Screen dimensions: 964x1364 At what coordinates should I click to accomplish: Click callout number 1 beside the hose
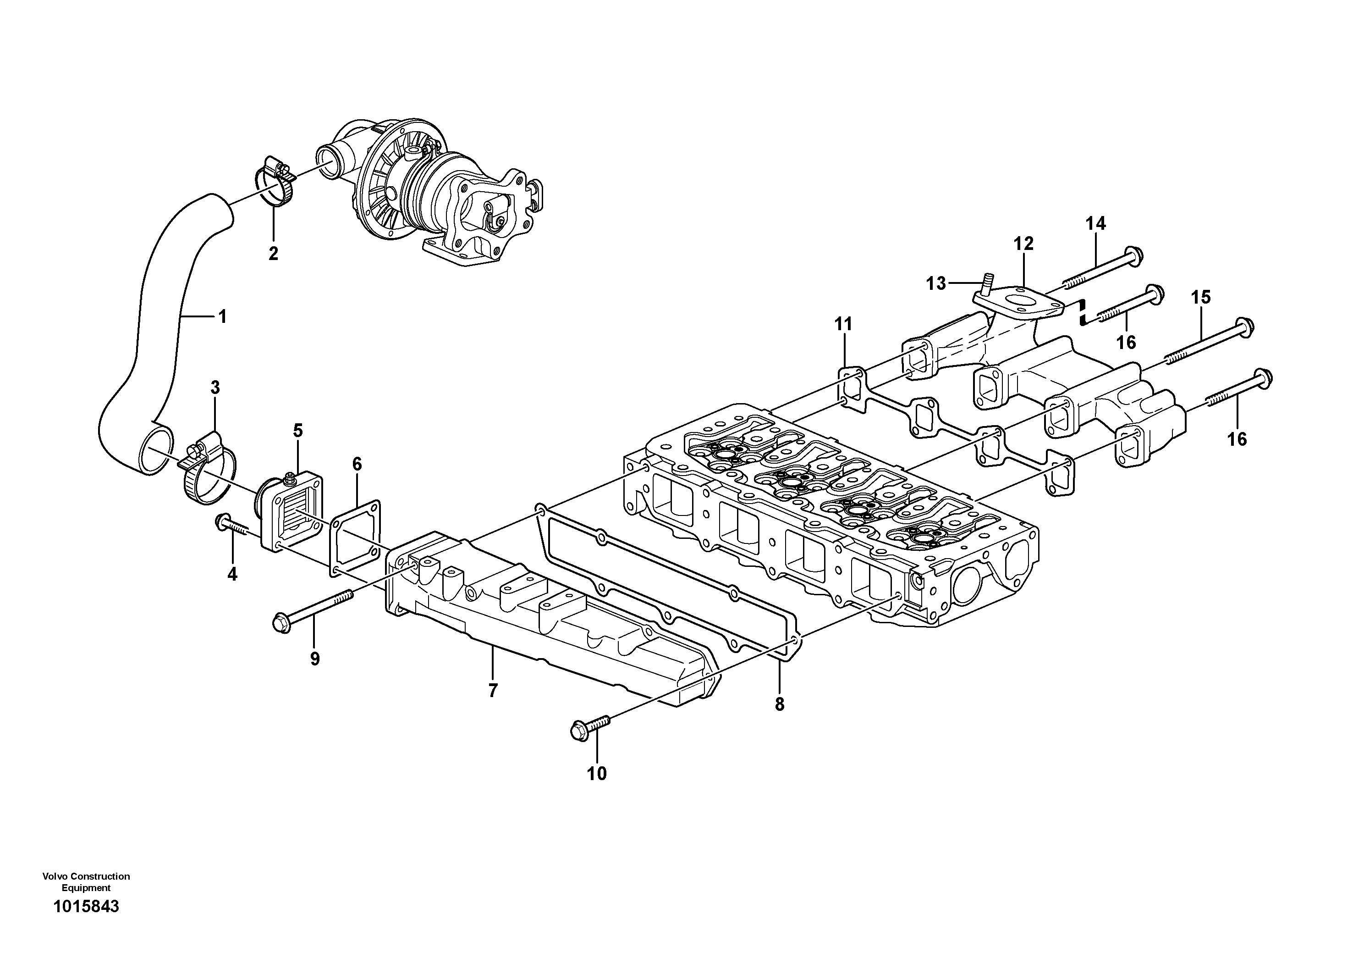[223, 317]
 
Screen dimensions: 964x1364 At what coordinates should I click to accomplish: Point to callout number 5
[297, 430]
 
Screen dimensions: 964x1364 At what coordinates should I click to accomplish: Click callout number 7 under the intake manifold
[493, 691]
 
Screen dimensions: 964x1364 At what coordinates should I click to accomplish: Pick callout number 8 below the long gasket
[780, 704]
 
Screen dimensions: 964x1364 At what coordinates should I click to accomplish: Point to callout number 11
[843, 325]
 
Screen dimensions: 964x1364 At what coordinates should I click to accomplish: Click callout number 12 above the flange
[1023, 244]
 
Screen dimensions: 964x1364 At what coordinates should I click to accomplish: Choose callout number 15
[1201, 297]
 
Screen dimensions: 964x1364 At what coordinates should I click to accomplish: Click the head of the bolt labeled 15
[1243, 326]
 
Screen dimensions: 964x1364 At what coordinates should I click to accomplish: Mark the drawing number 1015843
[86, 923]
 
